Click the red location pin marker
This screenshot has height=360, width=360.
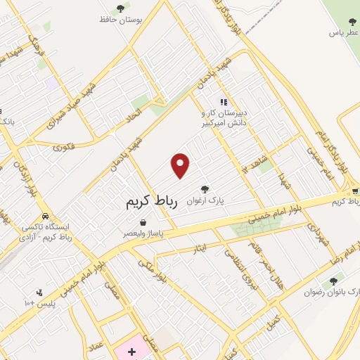pos(181,166)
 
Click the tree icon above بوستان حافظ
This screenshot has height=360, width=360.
pos(120,8)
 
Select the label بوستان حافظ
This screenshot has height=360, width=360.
pos(120,20)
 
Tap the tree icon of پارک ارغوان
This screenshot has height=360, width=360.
pos(205,188)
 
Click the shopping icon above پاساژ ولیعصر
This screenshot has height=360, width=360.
pos(143,222)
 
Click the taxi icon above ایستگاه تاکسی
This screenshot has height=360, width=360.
pos(46,216)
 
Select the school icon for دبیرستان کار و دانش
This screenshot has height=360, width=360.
pos(224,102)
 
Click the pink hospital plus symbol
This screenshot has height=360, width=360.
pos(131,350)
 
